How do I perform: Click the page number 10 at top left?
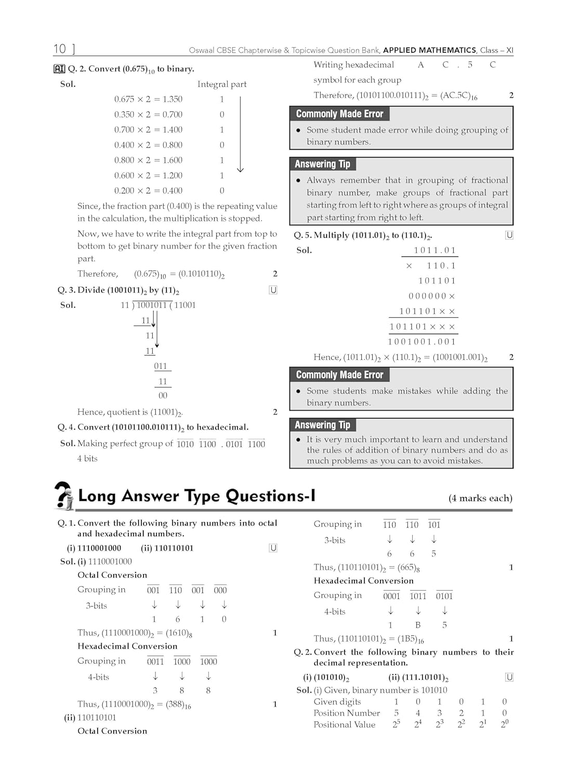click(60, 49)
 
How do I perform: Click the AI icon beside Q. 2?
click(59, 69)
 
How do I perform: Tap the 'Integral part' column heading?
click(222, 84)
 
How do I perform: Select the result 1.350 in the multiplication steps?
click(173, 99)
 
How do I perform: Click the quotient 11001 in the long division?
click(185, 305)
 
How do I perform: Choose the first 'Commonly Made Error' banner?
click(339, 114)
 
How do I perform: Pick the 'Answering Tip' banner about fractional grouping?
click(322, 164)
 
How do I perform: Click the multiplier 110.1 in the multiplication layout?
click(441, 266)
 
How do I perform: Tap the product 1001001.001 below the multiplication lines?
click(422, 342)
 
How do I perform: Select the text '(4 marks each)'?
click(480, 498)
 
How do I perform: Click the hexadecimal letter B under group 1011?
click(418, 625)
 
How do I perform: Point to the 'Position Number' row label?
click(347, 713)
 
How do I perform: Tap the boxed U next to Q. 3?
click(273, 290)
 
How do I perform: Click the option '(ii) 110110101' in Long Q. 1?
click(167, 548)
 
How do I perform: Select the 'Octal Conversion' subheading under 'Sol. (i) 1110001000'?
click(112, 575)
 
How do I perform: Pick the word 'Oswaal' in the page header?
click(202, 50)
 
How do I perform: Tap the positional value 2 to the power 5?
click(397, 724)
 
